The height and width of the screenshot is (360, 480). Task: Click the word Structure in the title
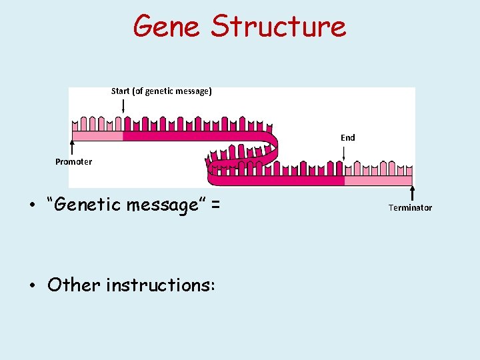[279, 27]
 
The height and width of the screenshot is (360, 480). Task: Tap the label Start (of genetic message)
[161, 91]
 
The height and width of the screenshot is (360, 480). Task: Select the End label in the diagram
[347, 138]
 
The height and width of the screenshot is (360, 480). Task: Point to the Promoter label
[73, 162]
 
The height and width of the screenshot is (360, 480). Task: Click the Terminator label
[410, 208]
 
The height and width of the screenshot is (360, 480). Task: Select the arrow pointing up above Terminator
[412, 193]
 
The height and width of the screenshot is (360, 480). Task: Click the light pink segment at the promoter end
[97, 136]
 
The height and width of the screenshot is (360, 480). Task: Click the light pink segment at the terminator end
[378, 181]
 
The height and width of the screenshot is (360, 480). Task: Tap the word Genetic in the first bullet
[84, 205]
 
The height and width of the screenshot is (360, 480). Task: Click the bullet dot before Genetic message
[32, 205]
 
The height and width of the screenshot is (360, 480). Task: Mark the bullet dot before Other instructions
[32, 286]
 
